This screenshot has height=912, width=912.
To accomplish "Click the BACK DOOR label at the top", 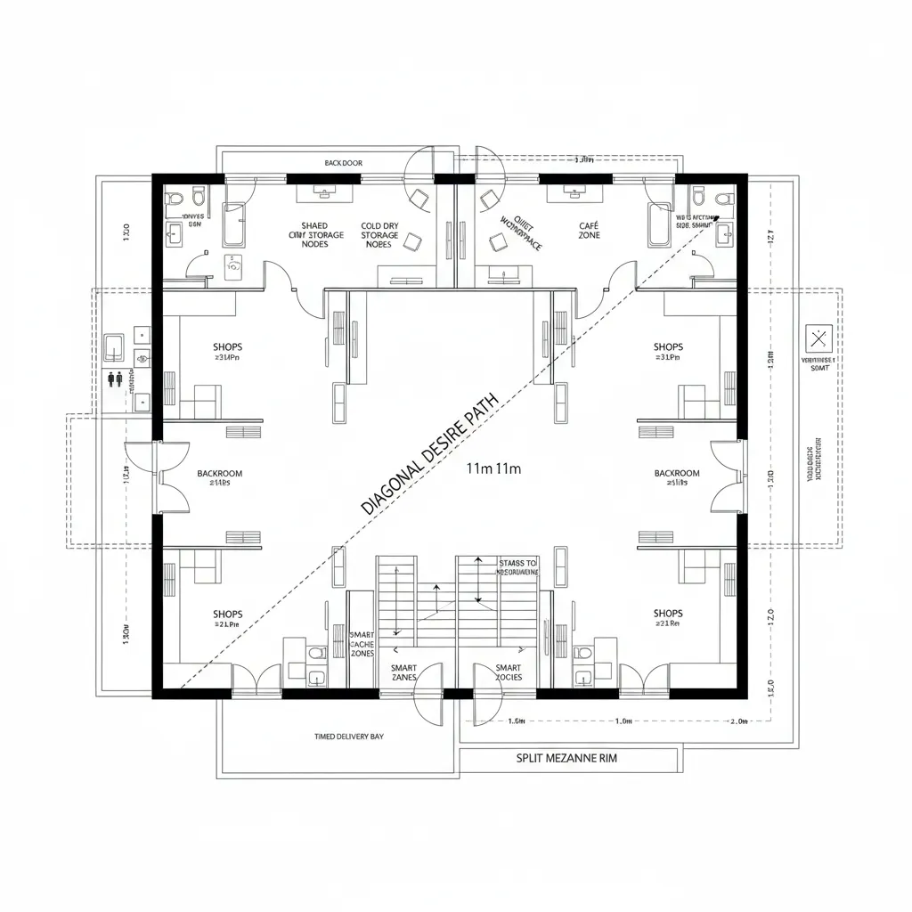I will (x=343, y=163).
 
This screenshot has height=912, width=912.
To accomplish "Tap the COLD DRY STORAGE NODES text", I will (x=379, y=235).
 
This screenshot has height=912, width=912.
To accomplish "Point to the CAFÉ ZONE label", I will (x=589, y=231).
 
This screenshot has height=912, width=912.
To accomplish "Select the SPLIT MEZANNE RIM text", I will (x=566, y=759).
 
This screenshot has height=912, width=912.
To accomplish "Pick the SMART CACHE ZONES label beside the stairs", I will (x=362, y=643).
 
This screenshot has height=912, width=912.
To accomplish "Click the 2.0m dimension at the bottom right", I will (x=738, y=721).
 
